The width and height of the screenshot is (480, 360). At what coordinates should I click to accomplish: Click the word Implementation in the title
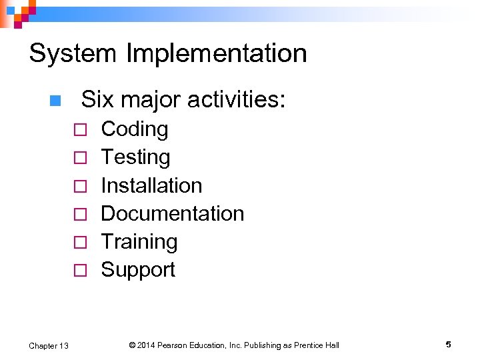pos(211,54)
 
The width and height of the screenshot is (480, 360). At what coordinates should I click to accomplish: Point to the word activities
pos(237,100)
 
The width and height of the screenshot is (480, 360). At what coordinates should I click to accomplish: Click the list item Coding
pos(135,129)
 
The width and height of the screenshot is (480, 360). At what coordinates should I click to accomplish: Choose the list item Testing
pos(135,157)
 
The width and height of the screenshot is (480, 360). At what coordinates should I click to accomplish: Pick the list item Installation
pos(151,185)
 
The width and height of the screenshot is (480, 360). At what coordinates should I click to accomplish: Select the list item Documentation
pos(173,213)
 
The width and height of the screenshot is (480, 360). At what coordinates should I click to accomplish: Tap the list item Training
pos(139,241)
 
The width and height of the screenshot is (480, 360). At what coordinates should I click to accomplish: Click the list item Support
pos(138,269)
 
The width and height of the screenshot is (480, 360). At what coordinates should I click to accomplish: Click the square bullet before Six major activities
pos(55,101)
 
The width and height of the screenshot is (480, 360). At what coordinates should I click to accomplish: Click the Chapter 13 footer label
pos(48,345)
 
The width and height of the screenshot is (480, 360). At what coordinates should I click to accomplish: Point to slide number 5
pos(449,345)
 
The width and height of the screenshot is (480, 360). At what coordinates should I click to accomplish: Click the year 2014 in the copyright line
pos(147,345)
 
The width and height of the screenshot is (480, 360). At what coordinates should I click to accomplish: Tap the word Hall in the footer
pos(331,345)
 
